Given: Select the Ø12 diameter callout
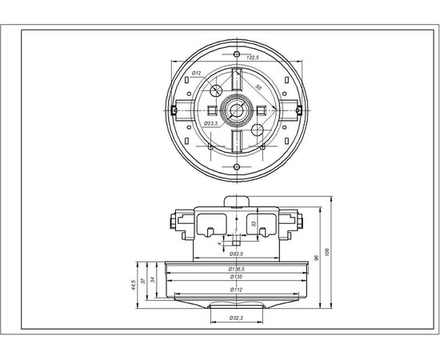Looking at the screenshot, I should (x=196, y=73).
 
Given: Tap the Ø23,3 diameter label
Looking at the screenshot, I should (x=212, y=124).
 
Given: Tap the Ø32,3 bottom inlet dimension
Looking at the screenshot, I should (x=236, y=318).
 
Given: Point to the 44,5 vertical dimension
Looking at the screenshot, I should (x=133, y=283).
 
